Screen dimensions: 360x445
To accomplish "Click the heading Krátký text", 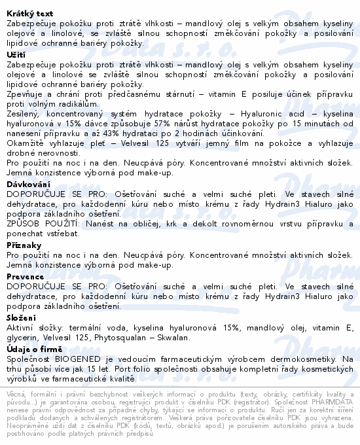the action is click(x=29, y=13).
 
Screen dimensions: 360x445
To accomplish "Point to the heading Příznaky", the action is click(x=24, y=244).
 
